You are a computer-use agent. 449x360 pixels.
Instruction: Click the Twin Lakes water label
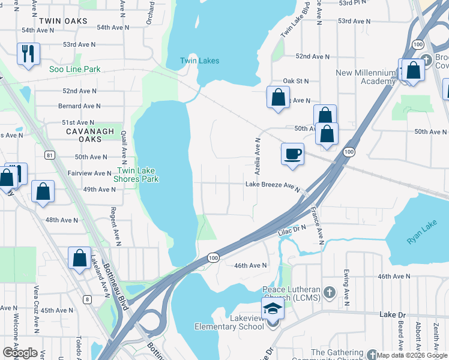[199, 61]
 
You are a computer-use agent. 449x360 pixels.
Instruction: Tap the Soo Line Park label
[75, 70]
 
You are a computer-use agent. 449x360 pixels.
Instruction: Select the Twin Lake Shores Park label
[136, 175]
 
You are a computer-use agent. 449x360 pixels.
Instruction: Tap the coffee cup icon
[292, 154]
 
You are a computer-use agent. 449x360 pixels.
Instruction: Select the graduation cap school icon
[274, 310]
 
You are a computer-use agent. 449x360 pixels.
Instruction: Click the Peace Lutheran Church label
[291, 292]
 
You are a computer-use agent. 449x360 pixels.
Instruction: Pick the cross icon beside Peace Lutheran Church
[328, 292]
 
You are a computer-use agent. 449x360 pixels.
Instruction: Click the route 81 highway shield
[50, 155]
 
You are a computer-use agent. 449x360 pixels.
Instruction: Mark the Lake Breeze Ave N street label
[272, 185]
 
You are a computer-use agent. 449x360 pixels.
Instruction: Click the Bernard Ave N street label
[79, 106]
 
